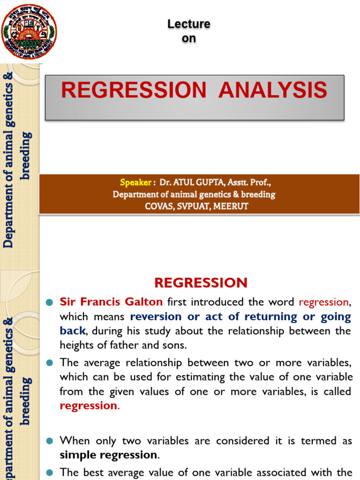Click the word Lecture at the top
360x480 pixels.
point(189,24)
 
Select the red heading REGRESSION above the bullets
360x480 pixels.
point(201,283)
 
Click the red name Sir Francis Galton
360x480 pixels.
point(111,302)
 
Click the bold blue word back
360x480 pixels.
point(73,330)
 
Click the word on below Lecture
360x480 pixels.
point(189,38)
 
